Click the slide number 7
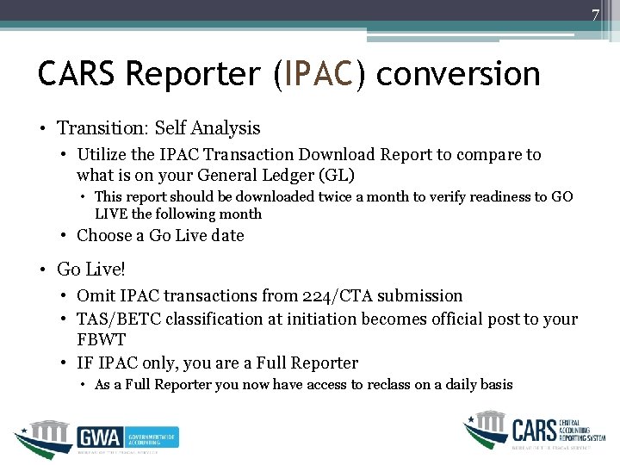tap(594, 15)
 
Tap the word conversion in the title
tap(458, 75)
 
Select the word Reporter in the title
tap(192, 75)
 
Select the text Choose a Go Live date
tap(160, 235)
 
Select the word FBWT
tap(101, 340)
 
